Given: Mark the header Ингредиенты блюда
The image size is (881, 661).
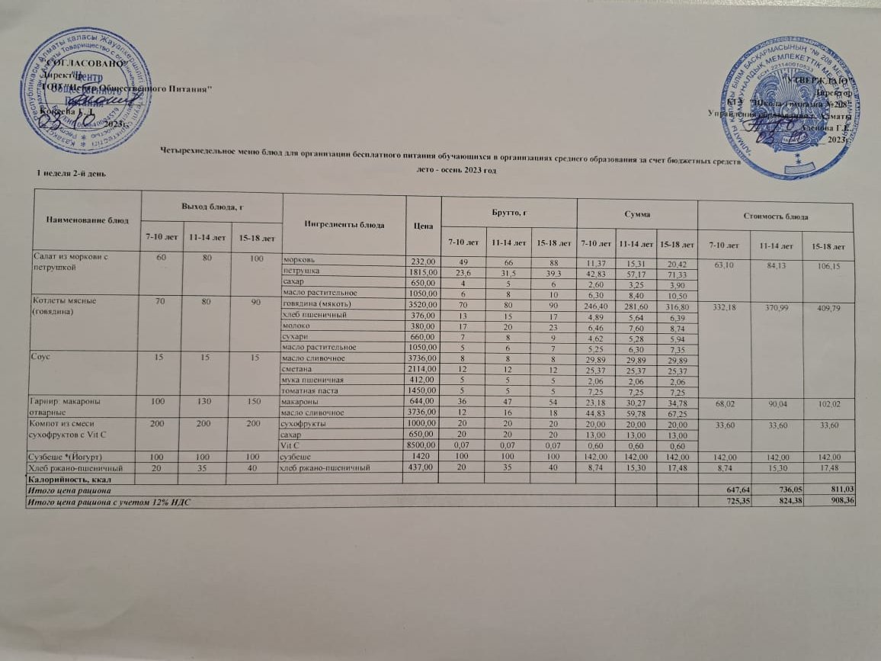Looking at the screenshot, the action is coord(344,224).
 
